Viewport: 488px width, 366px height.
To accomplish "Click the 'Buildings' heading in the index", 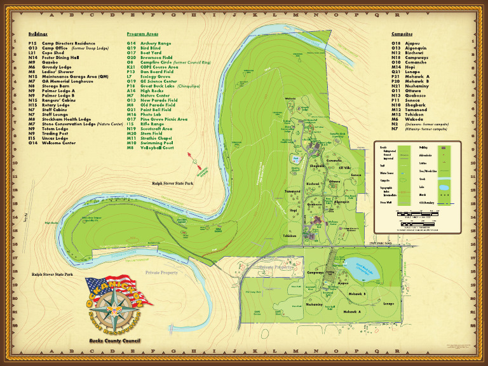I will [x=37, y=34].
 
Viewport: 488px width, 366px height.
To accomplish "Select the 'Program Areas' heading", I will [x=142, y=34].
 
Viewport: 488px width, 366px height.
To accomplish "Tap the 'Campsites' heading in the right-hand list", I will [x=402, y=34].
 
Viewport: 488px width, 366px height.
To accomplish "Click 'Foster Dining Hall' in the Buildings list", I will [x=62, y=57].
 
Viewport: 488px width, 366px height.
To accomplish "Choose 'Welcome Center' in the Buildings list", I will [x=60, y=143].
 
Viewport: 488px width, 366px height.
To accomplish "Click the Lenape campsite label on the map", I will [x=389, y=304].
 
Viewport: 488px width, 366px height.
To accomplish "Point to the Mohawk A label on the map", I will [x=352, y=311].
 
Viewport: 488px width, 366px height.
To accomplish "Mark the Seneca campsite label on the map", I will [x=356, y=175].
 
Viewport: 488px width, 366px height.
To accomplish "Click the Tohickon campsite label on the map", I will [x=290, y=235].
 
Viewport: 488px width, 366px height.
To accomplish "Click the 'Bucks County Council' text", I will [x=114, y=341].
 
